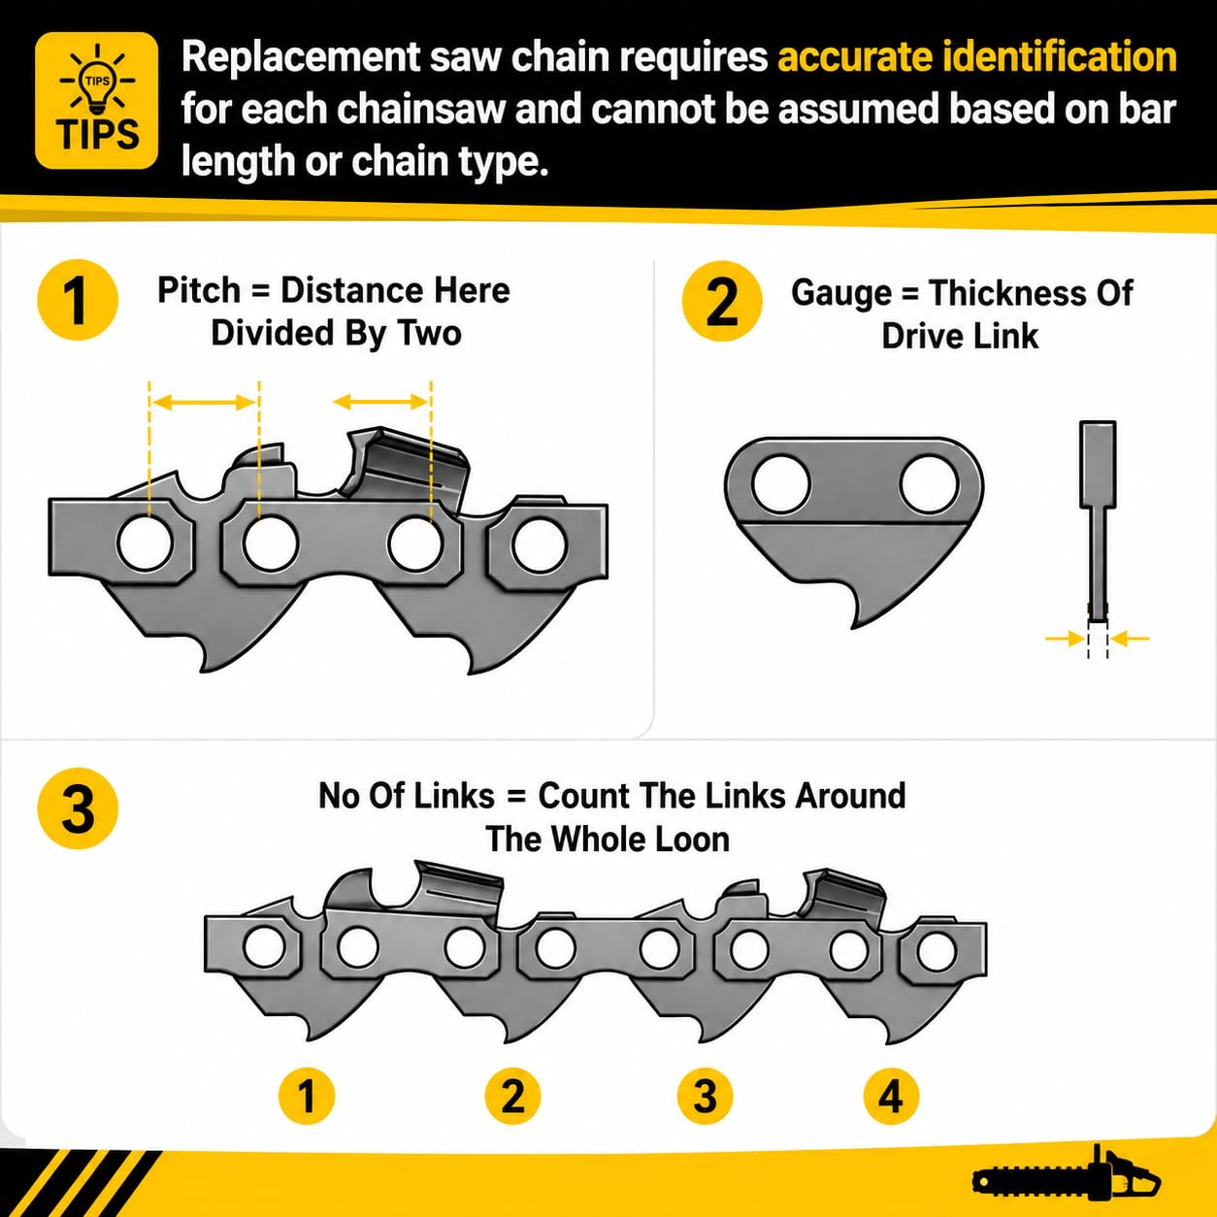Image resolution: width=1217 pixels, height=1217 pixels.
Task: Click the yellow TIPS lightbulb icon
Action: (97, 100)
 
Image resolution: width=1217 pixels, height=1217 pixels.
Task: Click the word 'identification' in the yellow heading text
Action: (1060, 57)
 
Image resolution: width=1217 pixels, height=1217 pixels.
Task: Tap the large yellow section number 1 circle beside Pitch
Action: (78, 299)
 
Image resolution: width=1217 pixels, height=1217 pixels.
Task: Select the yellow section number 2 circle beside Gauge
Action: (722, 301)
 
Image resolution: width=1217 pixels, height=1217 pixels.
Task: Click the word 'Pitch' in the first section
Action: (199, 291)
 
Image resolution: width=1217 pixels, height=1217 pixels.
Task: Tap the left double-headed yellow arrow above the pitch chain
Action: (204, 403)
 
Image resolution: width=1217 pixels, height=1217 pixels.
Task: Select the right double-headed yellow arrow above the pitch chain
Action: (380, 401)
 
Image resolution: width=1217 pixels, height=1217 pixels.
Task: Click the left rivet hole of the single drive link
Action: (781, 484)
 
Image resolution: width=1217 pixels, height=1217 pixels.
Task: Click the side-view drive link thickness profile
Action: (1098, 522)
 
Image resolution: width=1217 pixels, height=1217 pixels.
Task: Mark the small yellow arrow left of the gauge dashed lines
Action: (1066, 639)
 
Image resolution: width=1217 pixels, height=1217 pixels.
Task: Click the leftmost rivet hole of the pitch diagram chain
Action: (146, 543)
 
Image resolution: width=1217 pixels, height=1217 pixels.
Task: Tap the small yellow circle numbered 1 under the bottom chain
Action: (307, 1096)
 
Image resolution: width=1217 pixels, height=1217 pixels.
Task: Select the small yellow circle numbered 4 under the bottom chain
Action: (891, 1096)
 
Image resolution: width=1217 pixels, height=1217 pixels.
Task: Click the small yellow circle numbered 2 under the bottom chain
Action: (512, 1096)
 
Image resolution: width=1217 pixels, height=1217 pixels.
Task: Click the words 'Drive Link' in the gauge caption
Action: (960, 336)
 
